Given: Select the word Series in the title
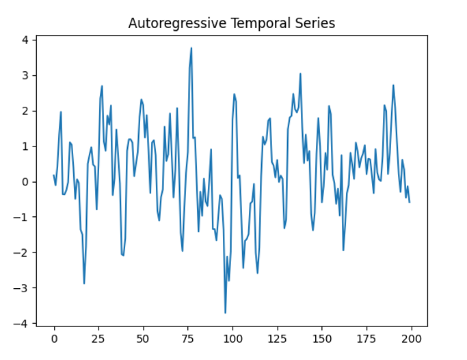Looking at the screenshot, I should pyautogui.click(x=312, y=23).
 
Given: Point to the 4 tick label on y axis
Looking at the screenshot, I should pyautogui.click(x=25, y=40).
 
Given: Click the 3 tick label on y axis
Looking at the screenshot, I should pyautogui.click(x=25, y=75).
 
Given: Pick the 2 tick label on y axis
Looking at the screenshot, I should pyautogui.click(x=25, y=111).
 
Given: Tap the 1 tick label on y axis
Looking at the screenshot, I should pyautogui.click(x=25, y=146).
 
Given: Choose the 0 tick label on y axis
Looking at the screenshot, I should pyautogui.click(x=25, y=182).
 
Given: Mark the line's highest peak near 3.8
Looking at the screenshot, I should pyautogui.click(x=191, y=48).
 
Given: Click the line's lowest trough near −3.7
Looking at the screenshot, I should pyautogui.click(x=226, y=313).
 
